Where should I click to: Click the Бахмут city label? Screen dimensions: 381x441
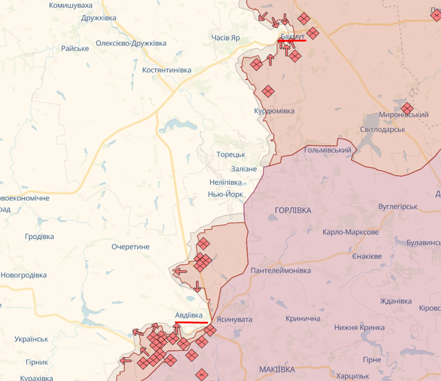click(x=293, y=37)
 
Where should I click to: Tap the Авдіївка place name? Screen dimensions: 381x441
click(x=193, y=315)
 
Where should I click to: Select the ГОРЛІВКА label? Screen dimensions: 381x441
click(x=293, y=210)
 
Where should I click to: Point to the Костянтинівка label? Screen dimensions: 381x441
click(x=167, y=70)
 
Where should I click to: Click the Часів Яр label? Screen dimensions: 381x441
click(x=226, y=38)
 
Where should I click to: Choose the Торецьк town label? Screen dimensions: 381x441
click(x=231, y=154)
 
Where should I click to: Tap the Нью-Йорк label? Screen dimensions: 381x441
click(x=225, y=194)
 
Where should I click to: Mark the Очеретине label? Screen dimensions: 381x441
click(x=131, y=246)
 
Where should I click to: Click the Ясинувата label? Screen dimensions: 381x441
click(x=234, y=320)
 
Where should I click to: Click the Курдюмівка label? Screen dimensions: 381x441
click(x=274, y=111)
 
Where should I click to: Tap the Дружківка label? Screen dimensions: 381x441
click(x=99, y=18)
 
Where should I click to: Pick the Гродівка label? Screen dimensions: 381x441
click(x=39, y=236)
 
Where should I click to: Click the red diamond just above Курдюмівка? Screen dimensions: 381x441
click(x=268, y=91)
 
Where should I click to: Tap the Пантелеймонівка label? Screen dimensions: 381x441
click(x=281, y=271)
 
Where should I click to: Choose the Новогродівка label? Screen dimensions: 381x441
click(x=23, y=275)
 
